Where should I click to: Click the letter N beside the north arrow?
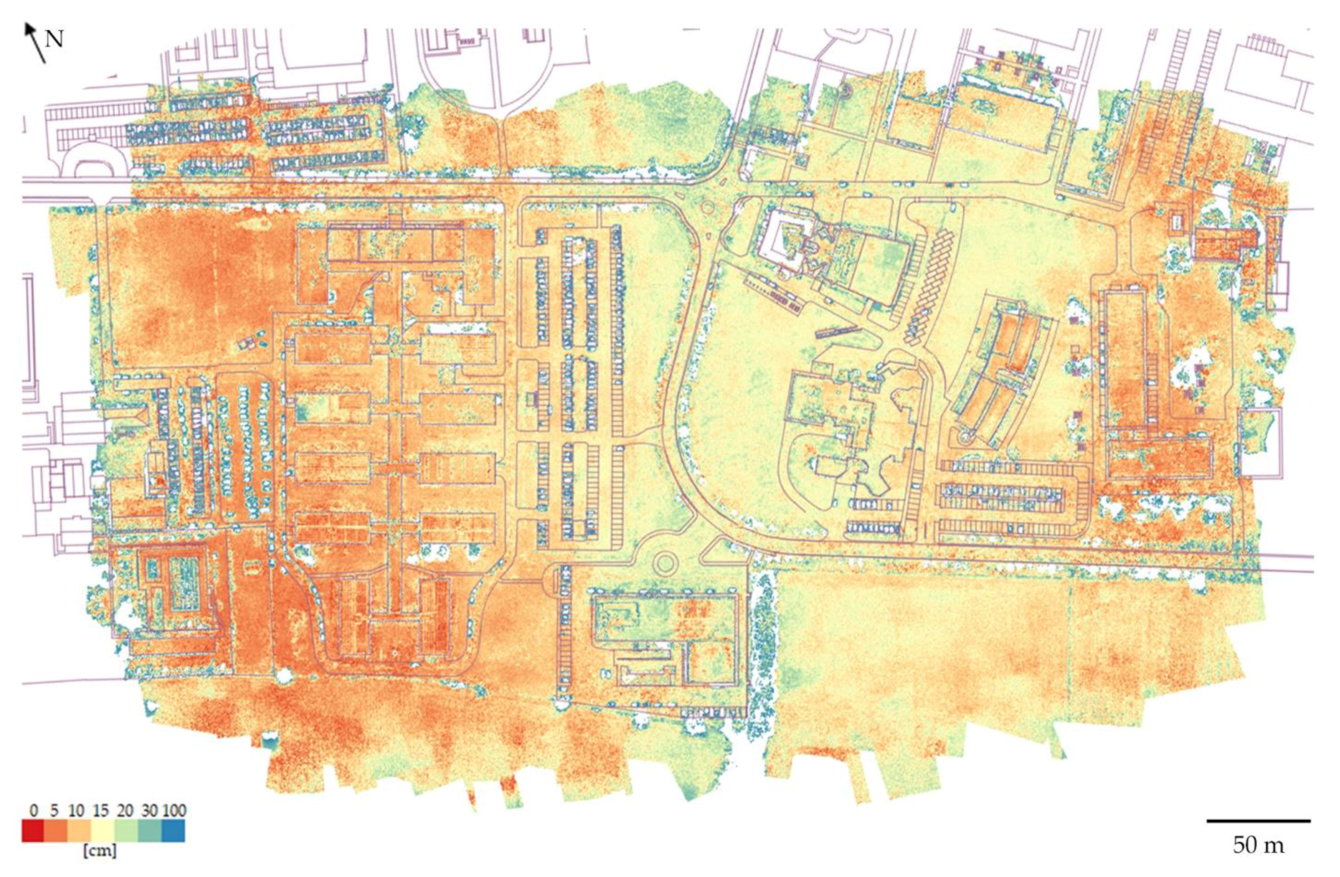[x=54, y=39]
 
